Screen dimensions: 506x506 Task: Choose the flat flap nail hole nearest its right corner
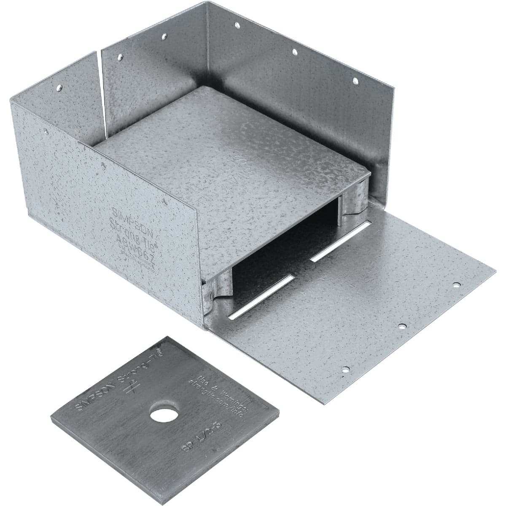click(456, 285)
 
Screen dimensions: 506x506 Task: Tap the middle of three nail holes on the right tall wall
click(295, 52)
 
